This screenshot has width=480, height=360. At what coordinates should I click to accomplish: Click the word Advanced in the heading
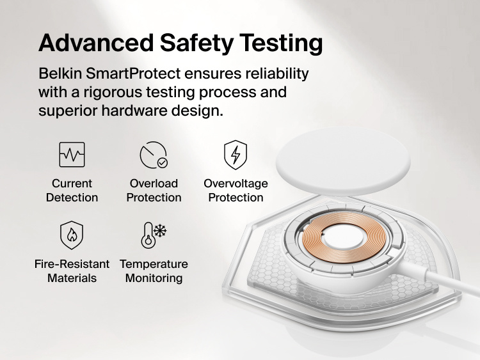(x=95, y=43)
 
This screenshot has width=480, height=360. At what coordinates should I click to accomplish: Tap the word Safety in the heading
(x=194, y=43)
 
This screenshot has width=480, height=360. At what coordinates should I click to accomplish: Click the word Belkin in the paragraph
(x=60, y=74)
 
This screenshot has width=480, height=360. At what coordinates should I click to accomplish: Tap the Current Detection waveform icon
(x=72, y=155)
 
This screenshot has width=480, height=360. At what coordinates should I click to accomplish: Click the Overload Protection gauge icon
(x=154, y=155)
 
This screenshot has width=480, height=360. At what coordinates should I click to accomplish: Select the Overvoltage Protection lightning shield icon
(x=236, y=155)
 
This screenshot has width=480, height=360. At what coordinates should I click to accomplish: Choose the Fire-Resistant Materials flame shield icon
(x=72, y=235)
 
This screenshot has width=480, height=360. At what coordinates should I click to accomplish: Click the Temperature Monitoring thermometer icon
(x=154, y=235)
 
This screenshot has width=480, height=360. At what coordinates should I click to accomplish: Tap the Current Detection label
(x=72, y=191)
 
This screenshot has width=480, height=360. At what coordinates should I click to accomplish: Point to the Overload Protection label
(x=154, y=191)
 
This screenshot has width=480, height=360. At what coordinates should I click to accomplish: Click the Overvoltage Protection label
(x=236, y=191)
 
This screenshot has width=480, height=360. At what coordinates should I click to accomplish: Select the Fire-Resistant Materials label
(x=72, y=271)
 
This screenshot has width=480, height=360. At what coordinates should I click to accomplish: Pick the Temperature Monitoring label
(x=154, y=271)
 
